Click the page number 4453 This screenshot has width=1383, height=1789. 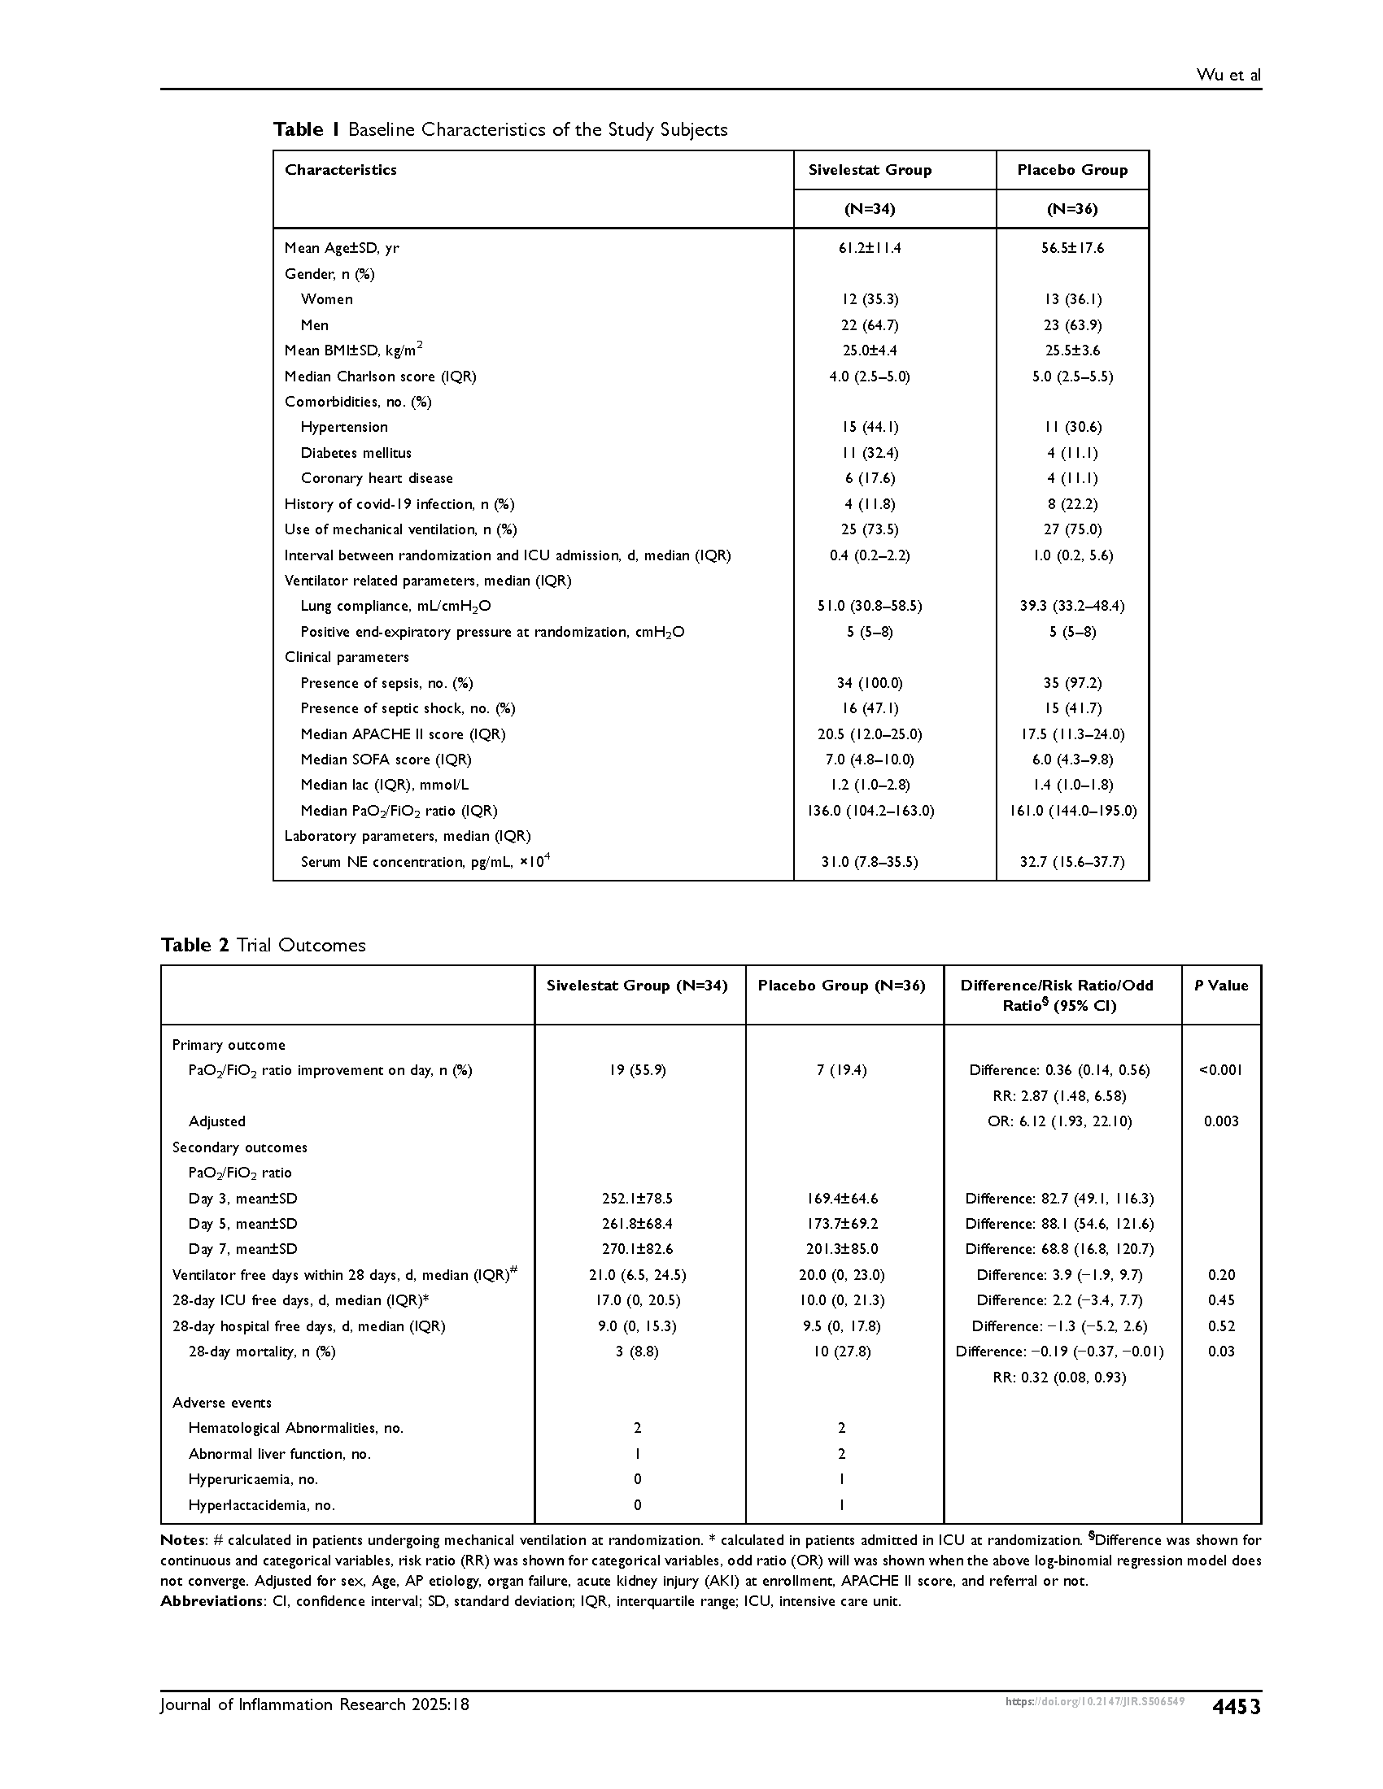click(x=1236, y=1706)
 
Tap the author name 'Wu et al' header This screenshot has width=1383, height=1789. click(x=1228, y=76)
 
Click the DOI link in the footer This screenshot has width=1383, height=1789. click(x=1093, y=1702)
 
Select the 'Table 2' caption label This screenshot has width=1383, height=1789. click(x=197, y=945)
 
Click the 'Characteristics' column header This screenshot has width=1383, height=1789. click(x=340, y=170)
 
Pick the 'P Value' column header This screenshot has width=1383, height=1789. click(x=1221, y=986)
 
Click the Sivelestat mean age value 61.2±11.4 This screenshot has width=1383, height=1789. click(x=870, y=248)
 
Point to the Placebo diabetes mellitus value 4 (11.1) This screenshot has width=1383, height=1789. click(x=1071, y=453)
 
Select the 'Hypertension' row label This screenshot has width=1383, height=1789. click(x=344, y=427)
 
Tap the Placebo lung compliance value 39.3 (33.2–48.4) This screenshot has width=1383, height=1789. click(x=1071, y=606)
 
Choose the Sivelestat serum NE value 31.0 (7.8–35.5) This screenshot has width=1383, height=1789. click(x=870, y=862)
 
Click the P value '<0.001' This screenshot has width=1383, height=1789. click(x=1221, y=1070)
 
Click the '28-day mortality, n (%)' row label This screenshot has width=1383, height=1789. click(x=261, y=1352)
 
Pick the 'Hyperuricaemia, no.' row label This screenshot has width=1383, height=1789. click(x=253, y=1479)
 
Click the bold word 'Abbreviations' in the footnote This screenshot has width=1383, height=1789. click(x=209, y=1601)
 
